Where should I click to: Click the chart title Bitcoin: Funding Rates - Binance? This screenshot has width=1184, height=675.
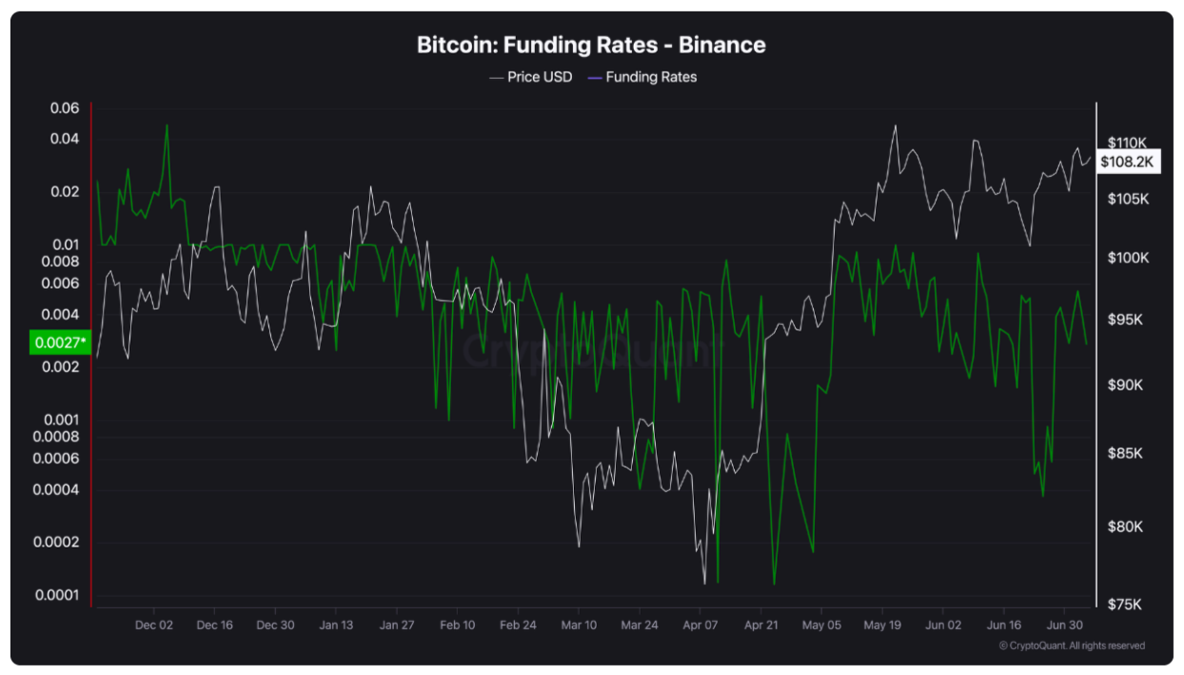[x=591, y=45]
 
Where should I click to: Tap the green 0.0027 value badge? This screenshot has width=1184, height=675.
[x=59, y=342]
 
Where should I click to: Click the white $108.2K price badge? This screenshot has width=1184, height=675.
[x=1127, y=162]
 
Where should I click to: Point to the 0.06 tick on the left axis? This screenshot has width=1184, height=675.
[x=65, y=109]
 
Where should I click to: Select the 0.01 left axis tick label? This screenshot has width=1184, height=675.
[x=65, y=245]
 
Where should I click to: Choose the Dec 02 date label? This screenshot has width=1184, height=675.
[x=154, y=625]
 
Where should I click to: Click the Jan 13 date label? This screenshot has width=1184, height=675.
[x=335, y=625]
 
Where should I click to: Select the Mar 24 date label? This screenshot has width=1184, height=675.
[x=639, y=625]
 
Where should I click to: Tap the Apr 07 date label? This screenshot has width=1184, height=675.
[x=700, y=625]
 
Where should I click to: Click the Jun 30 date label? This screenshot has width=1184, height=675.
[x=1064, y=625]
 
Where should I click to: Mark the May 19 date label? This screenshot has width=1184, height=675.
[x=881, y=625]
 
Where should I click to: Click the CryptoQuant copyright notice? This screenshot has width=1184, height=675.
[x=1072, y=645]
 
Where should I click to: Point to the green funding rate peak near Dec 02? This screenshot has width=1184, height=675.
[x=168, y=126]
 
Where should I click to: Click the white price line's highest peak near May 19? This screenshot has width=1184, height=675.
[x=896, y=126]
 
